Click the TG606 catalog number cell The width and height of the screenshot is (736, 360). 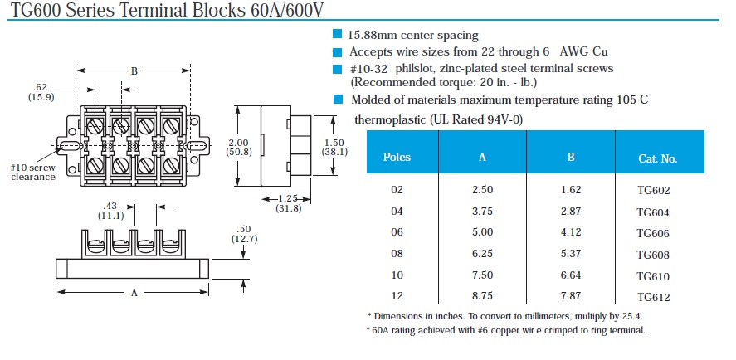pos(653,234)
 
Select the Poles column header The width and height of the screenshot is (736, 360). pos(397,157)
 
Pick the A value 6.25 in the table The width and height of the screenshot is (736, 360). pos(483,254)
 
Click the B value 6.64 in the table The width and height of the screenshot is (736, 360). pos(571,275)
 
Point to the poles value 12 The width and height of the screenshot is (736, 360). pos(397,296)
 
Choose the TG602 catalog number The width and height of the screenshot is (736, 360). pos(653,191)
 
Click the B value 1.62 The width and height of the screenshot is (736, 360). pos(571,190)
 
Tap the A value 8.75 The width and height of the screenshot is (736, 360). pos(483,296)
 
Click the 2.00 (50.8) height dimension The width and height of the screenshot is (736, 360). pos(239,147)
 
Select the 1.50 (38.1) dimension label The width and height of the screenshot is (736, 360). pos(334,147)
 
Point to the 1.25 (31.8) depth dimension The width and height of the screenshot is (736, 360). pos(288,203)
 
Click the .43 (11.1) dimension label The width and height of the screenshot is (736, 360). pos(111,212)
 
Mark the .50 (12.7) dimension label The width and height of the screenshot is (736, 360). pos(244,234)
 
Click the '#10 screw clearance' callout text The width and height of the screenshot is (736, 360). pos(33,173)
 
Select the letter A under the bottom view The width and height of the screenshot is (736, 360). pos(134,293)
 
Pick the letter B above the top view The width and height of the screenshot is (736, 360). pos(134,71)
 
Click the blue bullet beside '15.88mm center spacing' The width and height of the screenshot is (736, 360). pos(337,34)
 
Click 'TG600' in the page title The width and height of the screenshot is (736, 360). pos(35,9)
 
